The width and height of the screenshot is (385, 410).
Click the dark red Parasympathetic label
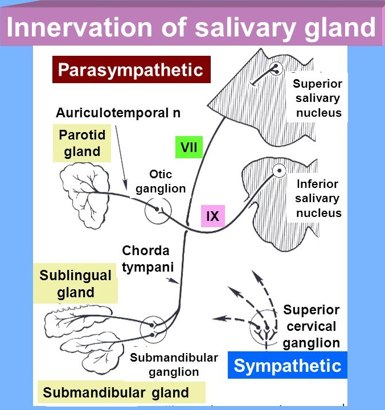point(131,70)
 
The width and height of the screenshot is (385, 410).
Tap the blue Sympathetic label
point(287,366)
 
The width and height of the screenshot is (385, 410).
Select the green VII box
point(189,147)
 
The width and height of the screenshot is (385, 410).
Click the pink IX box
point(212,216)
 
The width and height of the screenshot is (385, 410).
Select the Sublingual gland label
point(75,284)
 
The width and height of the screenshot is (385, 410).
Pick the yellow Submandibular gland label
point(116,392)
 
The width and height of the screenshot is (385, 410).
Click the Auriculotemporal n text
point(118,113)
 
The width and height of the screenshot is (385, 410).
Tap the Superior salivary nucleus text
point(318,98)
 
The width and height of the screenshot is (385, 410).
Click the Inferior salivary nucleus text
point(318,198)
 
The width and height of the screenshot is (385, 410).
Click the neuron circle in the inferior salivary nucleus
point(280,170)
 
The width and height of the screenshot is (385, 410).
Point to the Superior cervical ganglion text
point(311,327)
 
